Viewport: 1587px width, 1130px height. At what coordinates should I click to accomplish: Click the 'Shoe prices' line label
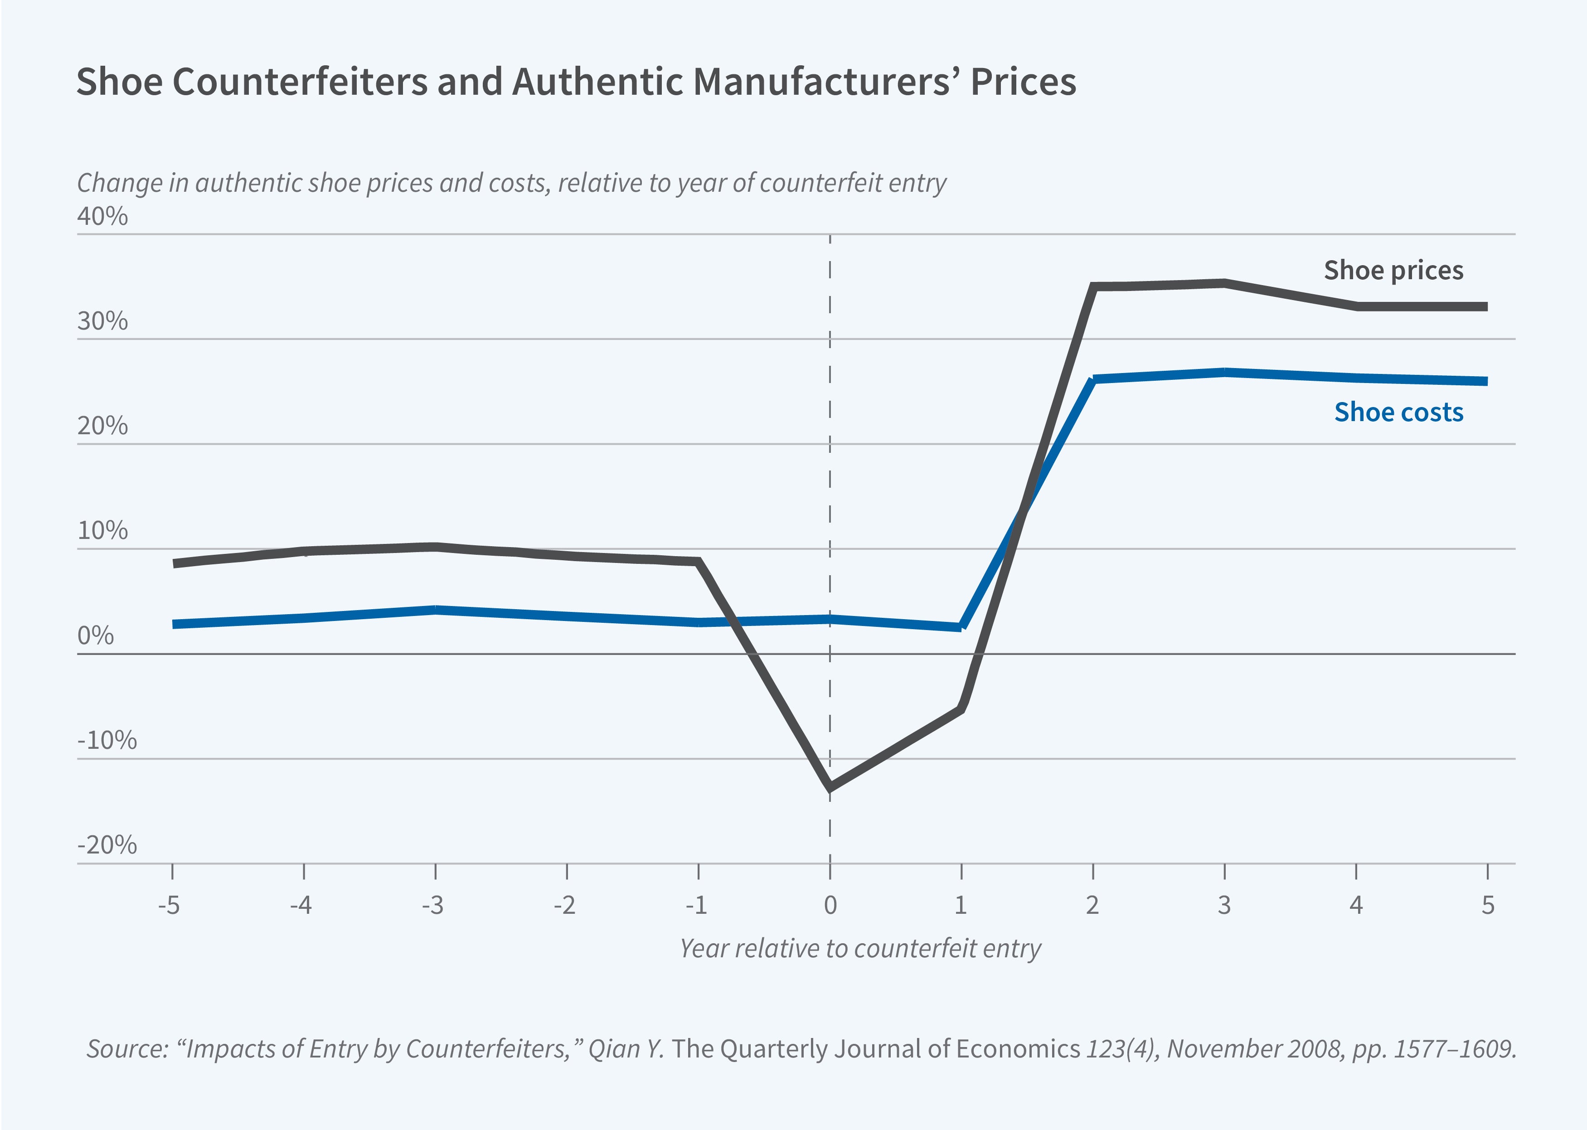coord(1393,270)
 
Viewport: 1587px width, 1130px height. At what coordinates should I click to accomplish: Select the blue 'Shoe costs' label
coord(1398,412)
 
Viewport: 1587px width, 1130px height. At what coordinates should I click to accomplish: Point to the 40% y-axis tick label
coord(102,216)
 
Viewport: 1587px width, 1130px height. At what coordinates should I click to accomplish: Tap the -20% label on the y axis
coord(107,845)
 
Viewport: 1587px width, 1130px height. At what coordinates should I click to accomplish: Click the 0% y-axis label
coord(95,635)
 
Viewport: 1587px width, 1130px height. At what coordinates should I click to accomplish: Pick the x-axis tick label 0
coord(830,905)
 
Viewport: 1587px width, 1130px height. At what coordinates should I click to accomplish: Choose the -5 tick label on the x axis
coord(169,905)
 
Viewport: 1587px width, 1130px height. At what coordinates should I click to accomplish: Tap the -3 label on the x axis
coord(433,905)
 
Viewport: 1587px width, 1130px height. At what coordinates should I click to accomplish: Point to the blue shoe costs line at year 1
coord(961,626)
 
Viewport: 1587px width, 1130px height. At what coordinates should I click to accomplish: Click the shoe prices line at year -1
coord(699,562)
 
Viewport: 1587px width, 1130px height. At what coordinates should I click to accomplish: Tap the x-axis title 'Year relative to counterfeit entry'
coord(860,948)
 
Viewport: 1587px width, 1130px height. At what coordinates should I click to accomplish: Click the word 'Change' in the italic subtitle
coord(108,183)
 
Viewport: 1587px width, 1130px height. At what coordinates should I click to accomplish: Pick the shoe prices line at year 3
coord(1224,283)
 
